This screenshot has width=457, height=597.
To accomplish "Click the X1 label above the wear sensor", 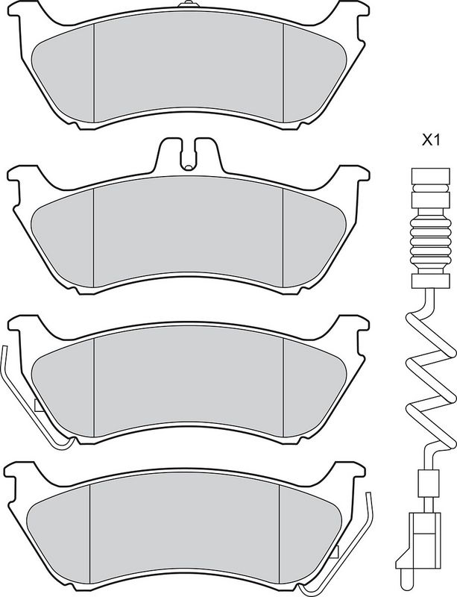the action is click(431, 141).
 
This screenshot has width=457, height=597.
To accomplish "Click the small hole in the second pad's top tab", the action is click(187, 166).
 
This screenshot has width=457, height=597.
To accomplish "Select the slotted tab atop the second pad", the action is click(189, 154).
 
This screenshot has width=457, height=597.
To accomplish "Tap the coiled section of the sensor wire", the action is click(430, 375).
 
